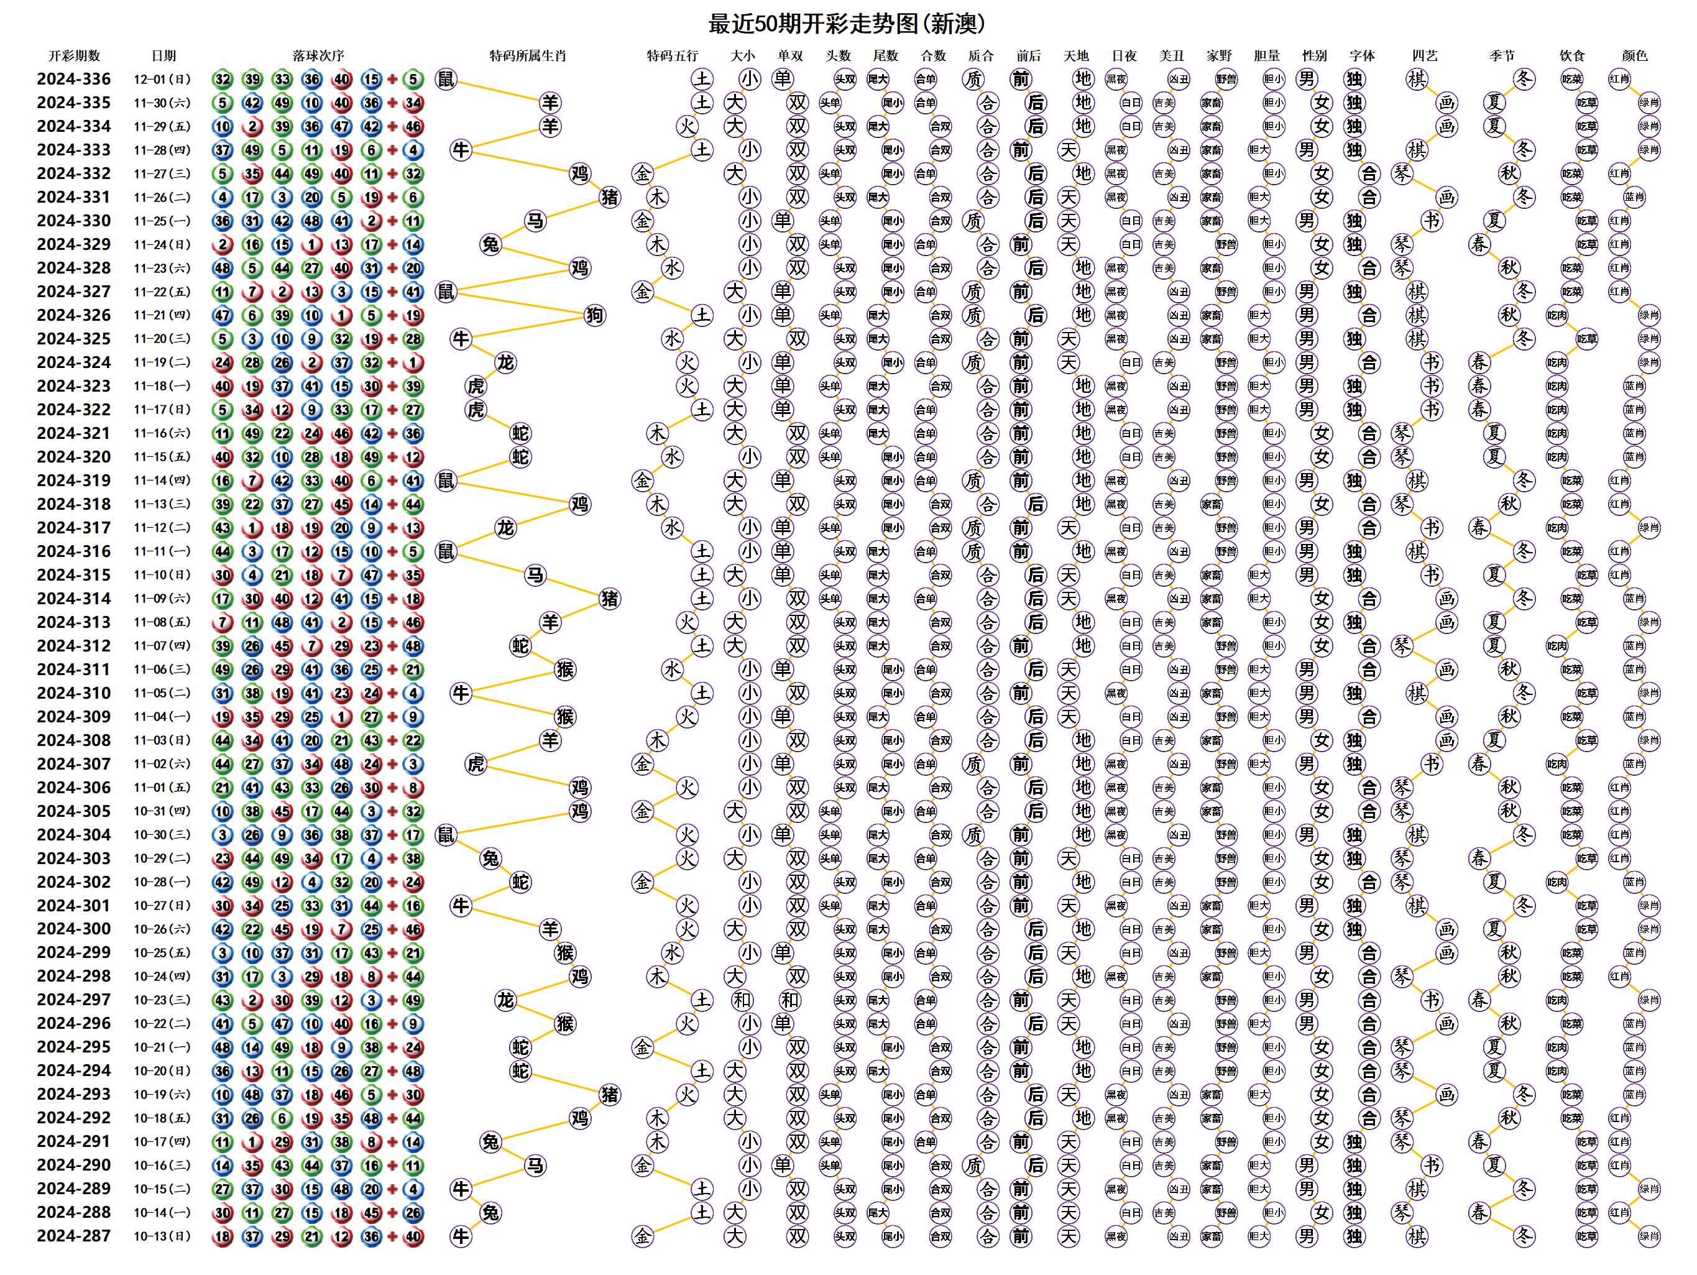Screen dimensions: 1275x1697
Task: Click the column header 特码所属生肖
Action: [528, 56]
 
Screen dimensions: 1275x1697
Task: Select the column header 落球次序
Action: [318, 56]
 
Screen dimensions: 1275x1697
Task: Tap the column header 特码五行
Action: [672, 56]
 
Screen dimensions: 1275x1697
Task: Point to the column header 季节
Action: [1502, 56]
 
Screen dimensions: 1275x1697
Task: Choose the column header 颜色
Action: [1634, 56]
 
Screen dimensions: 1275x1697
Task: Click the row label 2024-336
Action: [73, 79]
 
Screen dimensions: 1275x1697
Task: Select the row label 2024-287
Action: [73, 1236]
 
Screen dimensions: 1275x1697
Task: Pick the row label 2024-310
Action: [73, 693]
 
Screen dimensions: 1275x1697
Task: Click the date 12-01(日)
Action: [162, 79]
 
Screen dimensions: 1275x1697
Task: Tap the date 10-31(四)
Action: [162, 811]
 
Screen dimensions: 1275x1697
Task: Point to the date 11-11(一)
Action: [162, 551]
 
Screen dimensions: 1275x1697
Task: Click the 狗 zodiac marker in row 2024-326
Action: [594, 315]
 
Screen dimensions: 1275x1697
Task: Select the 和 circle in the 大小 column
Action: [742, 1000]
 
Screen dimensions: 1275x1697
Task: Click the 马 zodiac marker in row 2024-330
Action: [535, 221]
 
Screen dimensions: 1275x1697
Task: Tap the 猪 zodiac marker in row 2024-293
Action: [610, 1095]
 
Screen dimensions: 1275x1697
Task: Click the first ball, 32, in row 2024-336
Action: [223, 79]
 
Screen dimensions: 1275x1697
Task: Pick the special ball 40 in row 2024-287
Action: [413, 1236]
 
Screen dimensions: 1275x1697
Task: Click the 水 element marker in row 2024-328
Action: [672, 268]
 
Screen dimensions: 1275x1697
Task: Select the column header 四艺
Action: [1425, 56]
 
